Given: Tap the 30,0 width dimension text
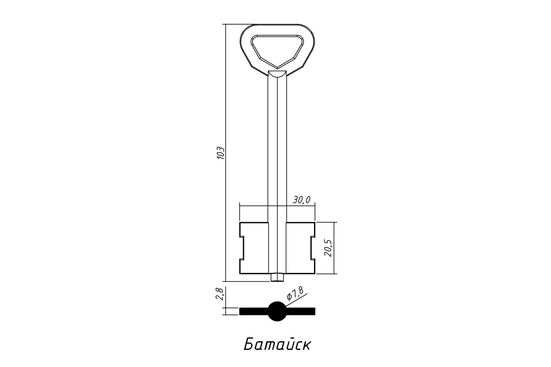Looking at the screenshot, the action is click(x=302, y=200).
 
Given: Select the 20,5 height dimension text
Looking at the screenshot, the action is click(x=328, y=248).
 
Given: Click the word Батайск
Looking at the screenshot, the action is click(x=277, y=345).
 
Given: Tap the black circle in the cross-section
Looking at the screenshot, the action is click(x=277, y=311).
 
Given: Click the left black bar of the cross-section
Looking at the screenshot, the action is click(x=254, y=311).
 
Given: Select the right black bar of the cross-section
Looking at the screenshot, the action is click(x=301, y=311).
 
